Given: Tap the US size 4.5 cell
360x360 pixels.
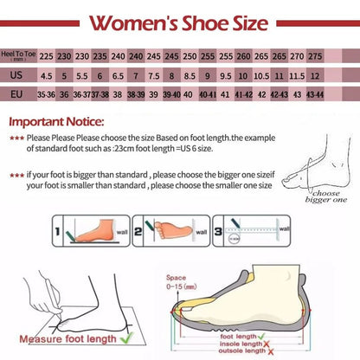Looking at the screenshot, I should (x=46, y=75).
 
